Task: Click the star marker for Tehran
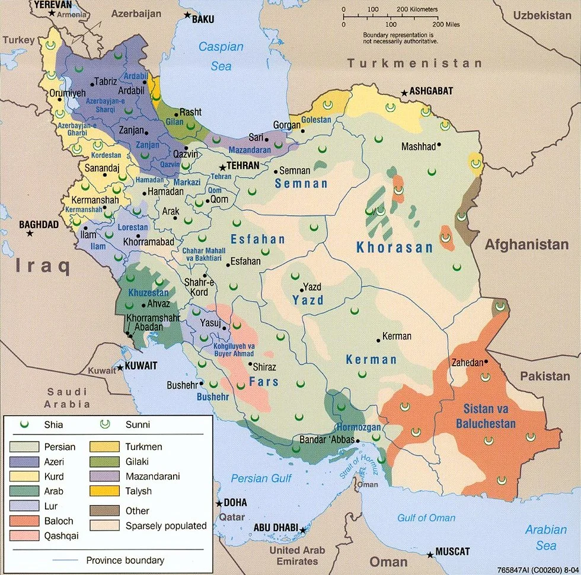tap(224, 167)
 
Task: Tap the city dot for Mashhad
tap(440, 145)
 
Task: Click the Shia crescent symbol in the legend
tap(25, 424)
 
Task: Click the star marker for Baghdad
tap(30, 234)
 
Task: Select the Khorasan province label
tap(394, 248)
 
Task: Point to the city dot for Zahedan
tap(486, 362)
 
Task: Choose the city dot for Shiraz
tap(250, 363)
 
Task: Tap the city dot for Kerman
tap(378, 340)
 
